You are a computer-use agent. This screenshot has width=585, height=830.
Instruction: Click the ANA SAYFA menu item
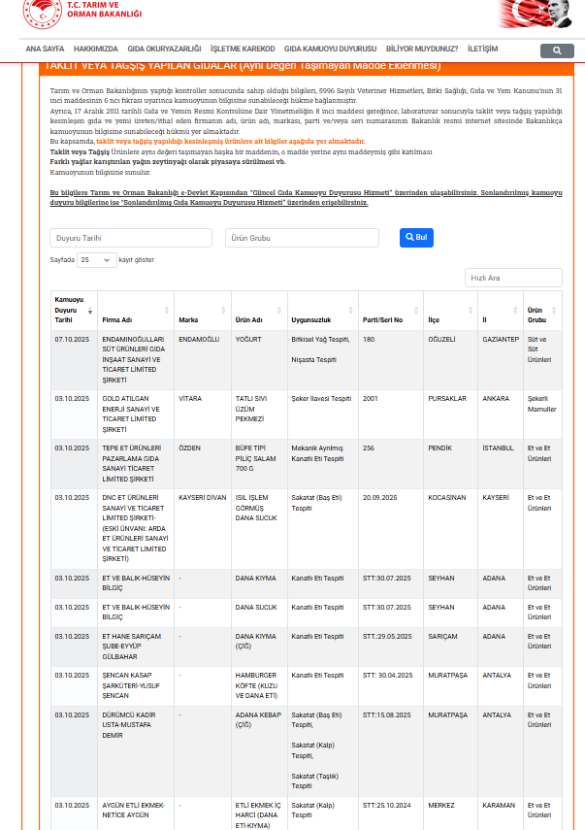click(45, 49)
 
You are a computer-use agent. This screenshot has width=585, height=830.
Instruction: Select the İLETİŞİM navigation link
click(482, 49)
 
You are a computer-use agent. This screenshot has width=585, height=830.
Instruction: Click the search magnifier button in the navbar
click(556, 50)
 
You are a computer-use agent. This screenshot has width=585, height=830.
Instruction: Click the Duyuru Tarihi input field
click(131, 238)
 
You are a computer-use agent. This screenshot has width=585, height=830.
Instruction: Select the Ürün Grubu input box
click(303, 238)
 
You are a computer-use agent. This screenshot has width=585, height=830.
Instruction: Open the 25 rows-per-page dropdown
click(96, 260)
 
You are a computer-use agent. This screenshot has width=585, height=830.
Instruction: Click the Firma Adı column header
click(117, 319)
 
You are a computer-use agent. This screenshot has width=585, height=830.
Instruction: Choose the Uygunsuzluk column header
click(312, 319)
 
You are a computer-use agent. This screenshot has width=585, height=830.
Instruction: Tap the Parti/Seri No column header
click(382, 319)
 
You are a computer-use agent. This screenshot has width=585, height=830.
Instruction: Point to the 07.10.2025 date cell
click(72, 340)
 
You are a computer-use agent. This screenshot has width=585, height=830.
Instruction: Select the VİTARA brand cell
click(191, 398)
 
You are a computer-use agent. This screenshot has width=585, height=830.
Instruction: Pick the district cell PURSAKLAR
click(447, 398)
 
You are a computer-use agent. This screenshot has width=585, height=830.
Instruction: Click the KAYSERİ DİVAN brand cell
click(203, 497)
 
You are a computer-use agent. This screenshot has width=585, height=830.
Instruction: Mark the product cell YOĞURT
click(249, 340)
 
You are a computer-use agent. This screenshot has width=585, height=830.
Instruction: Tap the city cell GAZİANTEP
click(501, 340)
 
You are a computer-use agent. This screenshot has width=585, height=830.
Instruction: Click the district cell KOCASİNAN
click(448, 497)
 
